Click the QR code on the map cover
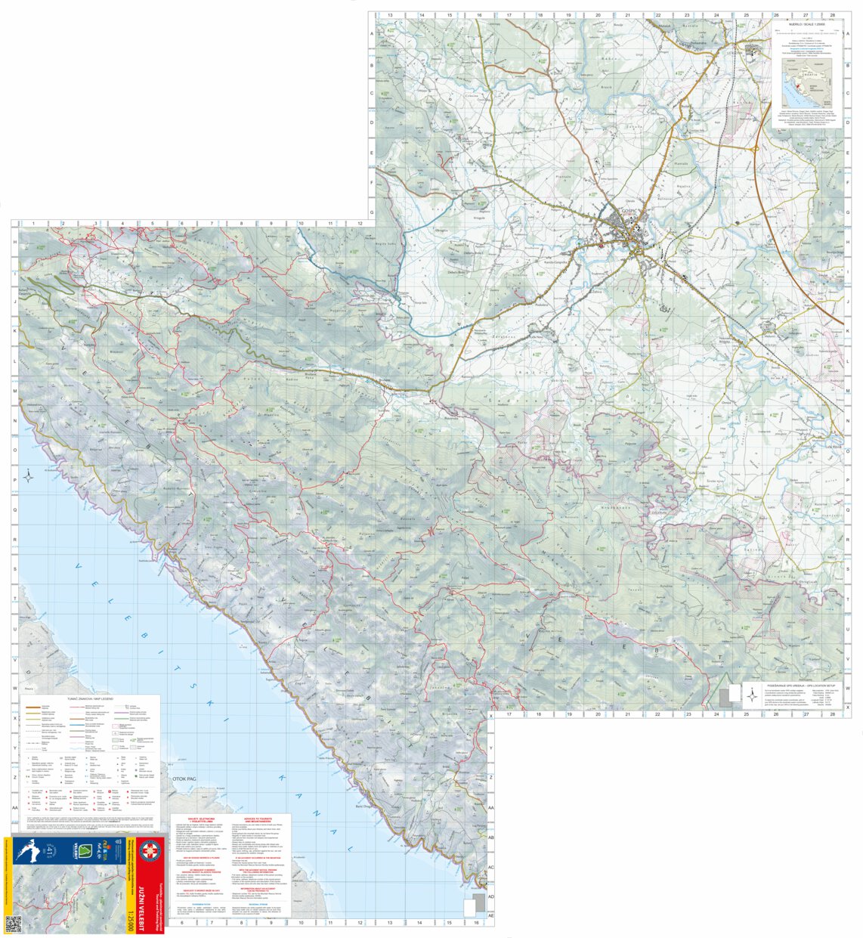click(13, 924)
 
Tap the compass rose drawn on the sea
click(28, 476)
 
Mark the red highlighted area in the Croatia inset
click(803, 86)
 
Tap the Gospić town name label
click(629, 211)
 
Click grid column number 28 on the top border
click(832, 15)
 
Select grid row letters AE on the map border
click(490, 915)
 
